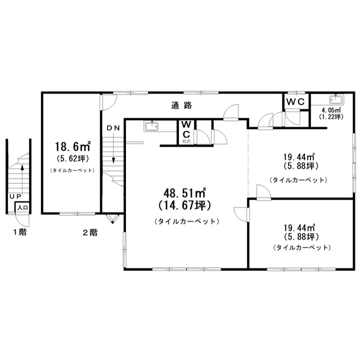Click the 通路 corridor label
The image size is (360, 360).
(181, 105)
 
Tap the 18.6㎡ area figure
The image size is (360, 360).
(73, 146)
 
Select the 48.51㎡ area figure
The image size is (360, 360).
(184, 193)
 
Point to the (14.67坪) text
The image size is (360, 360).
(184, 205)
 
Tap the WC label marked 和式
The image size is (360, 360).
(186, 130)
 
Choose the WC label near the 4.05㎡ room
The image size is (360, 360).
(295, 102)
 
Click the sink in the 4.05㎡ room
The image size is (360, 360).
(336, 100)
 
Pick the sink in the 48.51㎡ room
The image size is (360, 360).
(151, 127)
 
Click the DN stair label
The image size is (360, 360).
(113, 128)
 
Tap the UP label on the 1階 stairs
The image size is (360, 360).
(15, 196)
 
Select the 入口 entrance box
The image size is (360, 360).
(22, 208)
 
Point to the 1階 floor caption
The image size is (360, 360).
(20, 232)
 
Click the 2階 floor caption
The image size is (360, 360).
(90, 232)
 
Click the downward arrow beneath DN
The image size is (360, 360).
(113, 147)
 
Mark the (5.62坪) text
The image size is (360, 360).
(73, 159)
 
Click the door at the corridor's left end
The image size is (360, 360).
(108, 102)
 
